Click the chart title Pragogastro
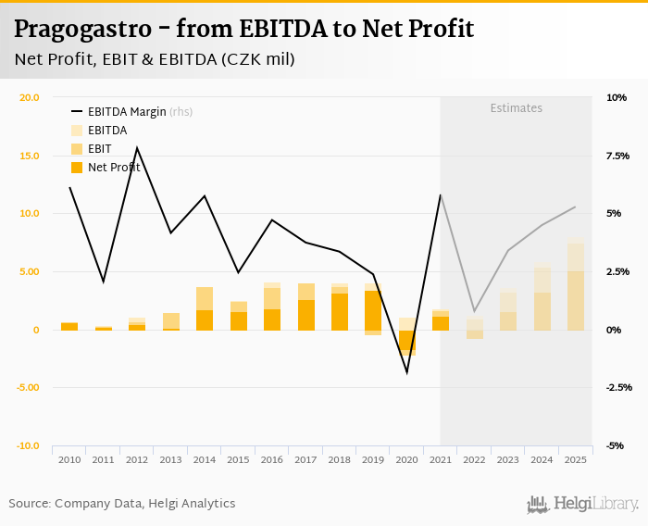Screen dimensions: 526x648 pyautogui.click(x=244, y=29)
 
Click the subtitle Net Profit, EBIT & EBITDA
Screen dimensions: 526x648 pyautogui.click(x=155, y=59)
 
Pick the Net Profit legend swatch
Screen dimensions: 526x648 pyautogui.click(x=77, y=168)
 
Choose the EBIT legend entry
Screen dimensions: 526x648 pyautogui.click(x=99, y=149)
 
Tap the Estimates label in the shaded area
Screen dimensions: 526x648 pyautogui.click(x=516, y=108)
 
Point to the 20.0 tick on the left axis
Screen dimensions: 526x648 pyautogui.click(x=28, y=97)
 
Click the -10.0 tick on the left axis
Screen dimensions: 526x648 pyautogui.click(x=28, y=445)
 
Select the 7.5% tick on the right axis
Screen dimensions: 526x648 pyautogui.click(x=617, y=156)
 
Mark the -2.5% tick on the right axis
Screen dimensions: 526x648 pyautogui.click(x=617, y=387)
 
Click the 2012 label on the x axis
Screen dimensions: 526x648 pyautogui.click(x=137, y=459)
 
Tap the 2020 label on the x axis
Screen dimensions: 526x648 pyautogui.click(x=407, y=459)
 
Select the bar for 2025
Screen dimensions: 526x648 pyautogui.click(x=576, y=287)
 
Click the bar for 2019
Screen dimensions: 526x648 pyautogui.click(x=373, y=309)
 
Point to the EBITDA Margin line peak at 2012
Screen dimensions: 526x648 pyautogui.click(x=137, y=148)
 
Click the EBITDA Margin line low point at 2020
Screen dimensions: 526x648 pyautogui.click(x=406, y=372)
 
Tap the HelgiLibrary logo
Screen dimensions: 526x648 pyautogui.click(x=582, y=504)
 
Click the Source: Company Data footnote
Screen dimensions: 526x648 pyautogui.click(x=122, y=504)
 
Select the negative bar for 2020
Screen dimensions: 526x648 pyautogui.click(x=407, y=342)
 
